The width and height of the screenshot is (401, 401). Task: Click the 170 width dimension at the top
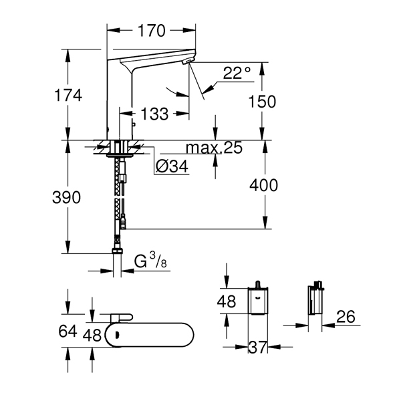pos(152,31)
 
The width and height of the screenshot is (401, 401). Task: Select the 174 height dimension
pos(68,96)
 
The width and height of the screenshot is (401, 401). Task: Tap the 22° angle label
pos(237,73)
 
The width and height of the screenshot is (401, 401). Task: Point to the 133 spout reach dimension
pos(154,114)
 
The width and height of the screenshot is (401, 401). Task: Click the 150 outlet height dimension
pos(263,102)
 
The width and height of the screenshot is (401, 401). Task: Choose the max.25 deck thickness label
pos(214,148)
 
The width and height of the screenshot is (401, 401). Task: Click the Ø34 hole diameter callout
pos(172,166)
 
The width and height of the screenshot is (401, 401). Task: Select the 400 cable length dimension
pos(264,185)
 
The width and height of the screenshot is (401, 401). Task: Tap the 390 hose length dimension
pos(66,197)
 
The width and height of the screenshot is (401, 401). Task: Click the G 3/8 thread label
pos(150,261)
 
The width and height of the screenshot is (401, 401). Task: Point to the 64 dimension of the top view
pos(68,331)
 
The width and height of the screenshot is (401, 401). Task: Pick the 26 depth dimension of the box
pos(346,317)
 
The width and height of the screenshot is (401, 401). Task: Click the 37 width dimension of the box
pos(258,347)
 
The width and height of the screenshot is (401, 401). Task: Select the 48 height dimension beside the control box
pos(227,301)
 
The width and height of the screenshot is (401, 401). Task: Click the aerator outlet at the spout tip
pos(188,61)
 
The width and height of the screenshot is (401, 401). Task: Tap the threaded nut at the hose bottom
pos(118,251)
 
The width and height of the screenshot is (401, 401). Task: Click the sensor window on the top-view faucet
pos(118,335)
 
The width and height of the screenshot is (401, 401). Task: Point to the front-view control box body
pos(258,301)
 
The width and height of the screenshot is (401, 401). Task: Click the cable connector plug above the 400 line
pos(123,222)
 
